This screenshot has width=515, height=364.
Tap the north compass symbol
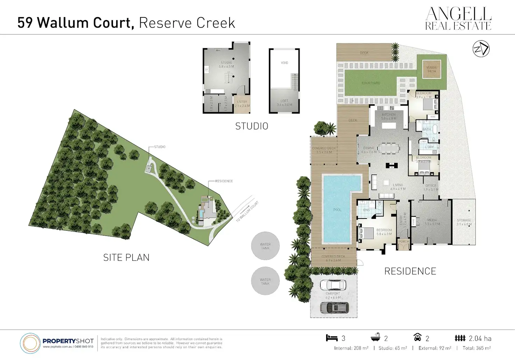tap(481, 49)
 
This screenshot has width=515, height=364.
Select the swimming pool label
tap(337, 210)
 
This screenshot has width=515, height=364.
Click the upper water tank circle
tap(265, 246)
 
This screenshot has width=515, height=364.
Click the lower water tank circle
tap(265, 281)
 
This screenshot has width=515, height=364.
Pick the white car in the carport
tap(333, 285)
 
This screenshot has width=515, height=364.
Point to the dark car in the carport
tap(334, 307)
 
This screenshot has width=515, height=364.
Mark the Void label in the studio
tap(284, 63)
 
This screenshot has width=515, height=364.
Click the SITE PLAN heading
tap(126, 258)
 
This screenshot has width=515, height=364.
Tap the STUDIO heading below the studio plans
tap(252, 126)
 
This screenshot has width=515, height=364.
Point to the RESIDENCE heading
tap(410, 271)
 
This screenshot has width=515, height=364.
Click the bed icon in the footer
tap(331, 338)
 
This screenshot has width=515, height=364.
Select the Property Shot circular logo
tap(30, 343)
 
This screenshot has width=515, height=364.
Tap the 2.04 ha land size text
tap(480, 338)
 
